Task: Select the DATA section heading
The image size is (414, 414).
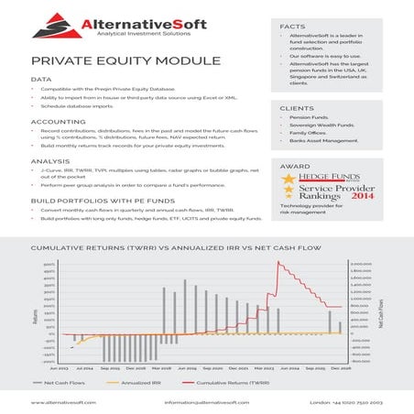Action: point(41,80)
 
